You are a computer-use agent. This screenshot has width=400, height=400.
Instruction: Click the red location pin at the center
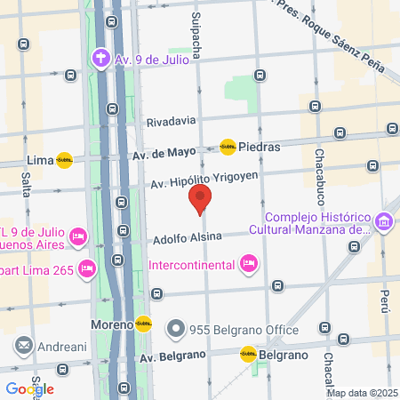tap(201, 199)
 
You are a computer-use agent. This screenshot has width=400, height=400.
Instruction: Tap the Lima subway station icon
tap(64, 161)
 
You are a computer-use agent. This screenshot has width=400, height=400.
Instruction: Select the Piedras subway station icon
tap(228, 147)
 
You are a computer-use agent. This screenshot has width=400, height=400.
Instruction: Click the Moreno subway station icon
tap(143, 325)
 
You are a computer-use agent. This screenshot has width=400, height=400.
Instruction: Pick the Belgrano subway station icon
tap(248, 355)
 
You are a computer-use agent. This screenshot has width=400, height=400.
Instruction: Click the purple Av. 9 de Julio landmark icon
tap(100, 60)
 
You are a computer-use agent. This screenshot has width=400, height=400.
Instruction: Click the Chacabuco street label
tap(318, 172)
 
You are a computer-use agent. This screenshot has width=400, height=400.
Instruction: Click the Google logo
tap(29, 388)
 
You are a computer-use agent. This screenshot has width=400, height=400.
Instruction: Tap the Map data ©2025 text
tap(362, 393)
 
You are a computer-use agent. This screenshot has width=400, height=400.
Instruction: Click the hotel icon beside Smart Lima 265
tap(87, 268)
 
